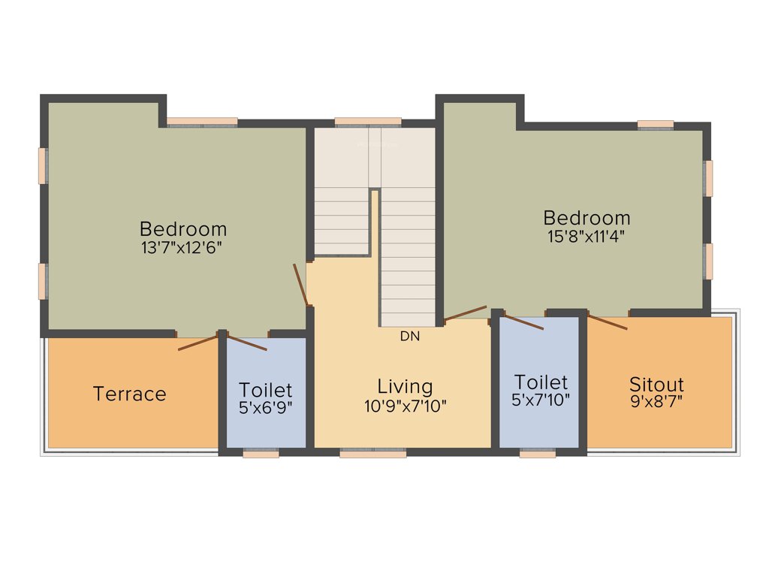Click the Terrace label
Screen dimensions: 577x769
[x=129, y=394]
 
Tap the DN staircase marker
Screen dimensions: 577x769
[x=410, y=337]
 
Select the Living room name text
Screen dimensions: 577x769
[x=405, y=387]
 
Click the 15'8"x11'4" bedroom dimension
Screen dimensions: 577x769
[x=587, y=235]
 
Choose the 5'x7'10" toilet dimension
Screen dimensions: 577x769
[x=541, y=400]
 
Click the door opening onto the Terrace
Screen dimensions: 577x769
[x=199, y=343]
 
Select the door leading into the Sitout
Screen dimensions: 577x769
[x=608, y=322]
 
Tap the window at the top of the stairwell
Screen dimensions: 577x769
[x=367, y=122]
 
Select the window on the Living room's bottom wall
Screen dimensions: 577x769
[x=372, y=454]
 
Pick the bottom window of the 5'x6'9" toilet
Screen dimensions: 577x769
[x=261, y=454]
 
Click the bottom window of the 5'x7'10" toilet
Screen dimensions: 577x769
[x=538, y=454]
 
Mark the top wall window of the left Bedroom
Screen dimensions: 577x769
[x=202, y=122]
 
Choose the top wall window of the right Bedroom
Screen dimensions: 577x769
[x=656, y=125]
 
